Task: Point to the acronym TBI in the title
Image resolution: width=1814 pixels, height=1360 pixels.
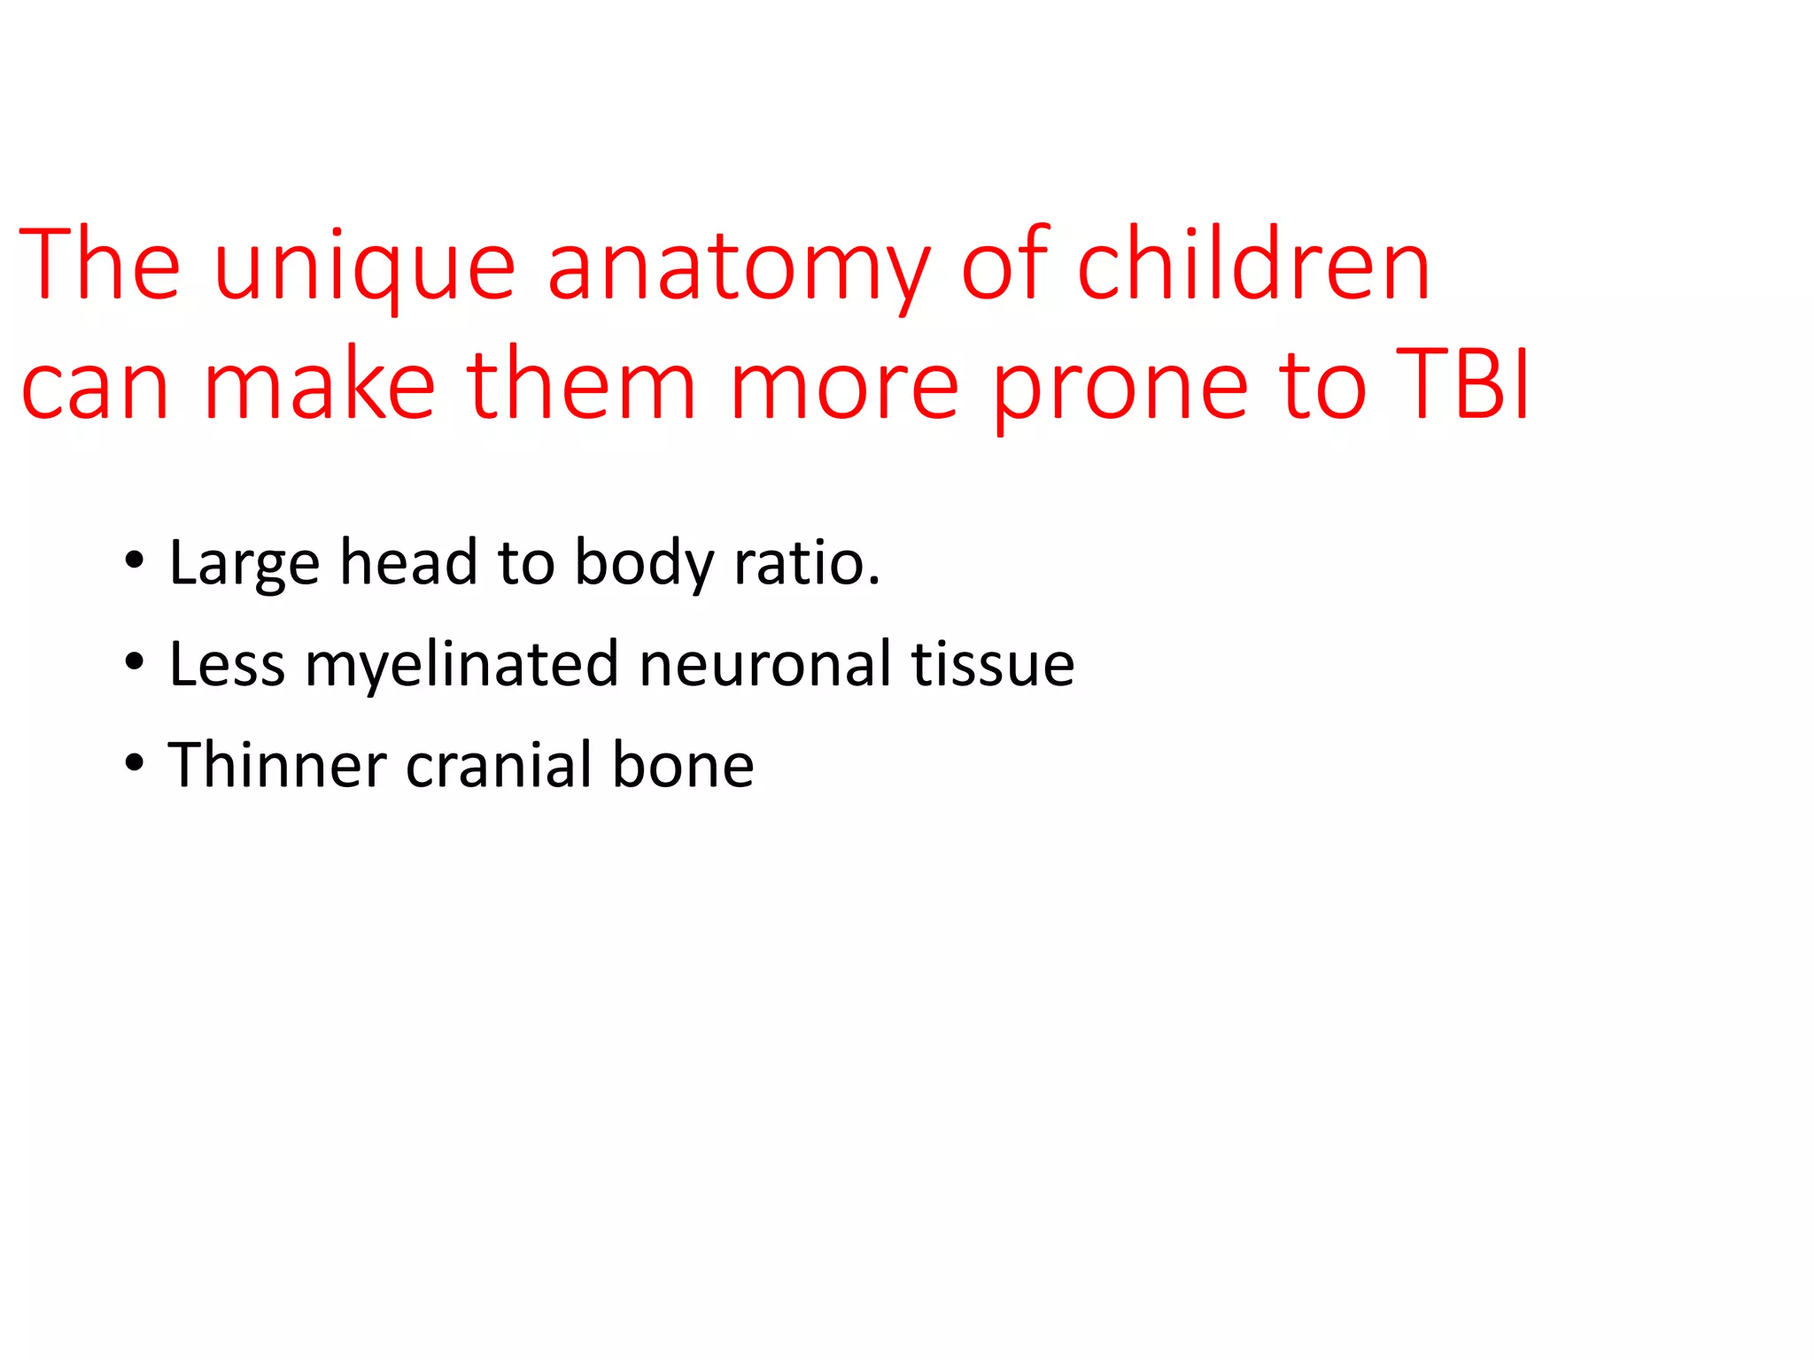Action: tap(1462, 384)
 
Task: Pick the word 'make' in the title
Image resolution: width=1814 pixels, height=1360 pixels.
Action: tap(319, 384)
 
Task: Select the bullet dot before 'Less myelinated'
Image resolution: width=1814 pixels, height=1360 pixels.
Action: tap(134, 662)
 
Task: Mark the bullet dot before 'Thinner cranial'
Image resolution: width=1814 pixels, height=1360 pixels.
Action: tap(134, 763)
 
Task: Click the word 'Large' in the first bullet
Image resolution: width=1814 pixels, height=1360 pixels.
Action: tap(244, 564)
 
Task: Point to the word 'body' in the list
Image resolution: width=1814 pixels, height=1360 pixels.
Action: tap(644, 564)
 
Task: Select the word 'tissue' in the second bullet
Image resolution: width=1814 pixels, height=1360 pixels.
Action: tap(993, 664)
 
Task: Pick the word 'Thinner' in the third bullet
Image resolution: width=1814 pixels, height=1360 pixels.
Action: tap(277, 764)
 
